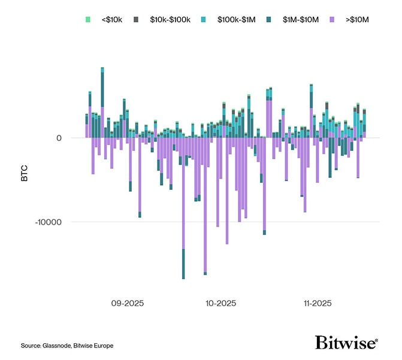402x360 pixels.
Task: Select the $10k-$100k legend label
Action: [171, 20]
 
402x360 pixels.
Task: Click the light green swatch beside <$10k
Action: [89, 20]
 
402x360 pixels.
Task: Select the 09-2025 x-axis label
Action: [127, 304]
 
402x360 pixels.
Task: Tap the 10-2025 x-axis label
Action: [220, 304]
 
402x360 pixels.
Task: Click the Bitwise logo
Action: [346, 343]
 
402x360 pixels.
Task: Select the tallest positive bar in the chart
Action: [102, 102]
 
